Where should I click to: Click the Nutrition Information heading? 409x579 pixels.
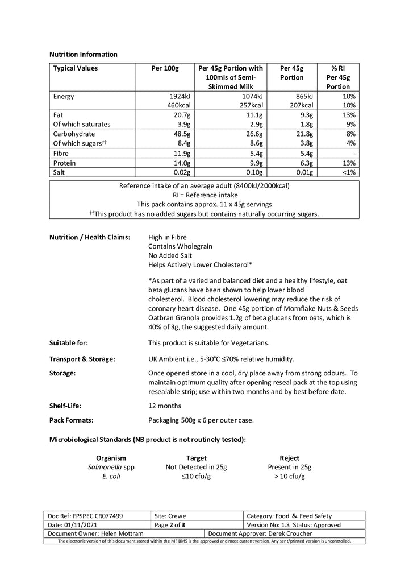click(x=84, y=55)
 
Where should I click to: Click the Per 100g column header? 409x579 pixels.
click(x=165, y=68)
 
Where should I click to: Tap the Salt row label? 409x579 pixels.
click(x=59, y=172)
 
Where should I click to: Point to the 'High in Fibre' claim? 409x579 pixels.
click(x=167, y=237)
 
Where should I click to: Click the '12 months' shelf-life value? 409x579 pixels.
click(x=165, y=406)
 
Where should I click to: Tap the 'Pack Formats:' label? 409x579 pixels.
click(x=72, y=421)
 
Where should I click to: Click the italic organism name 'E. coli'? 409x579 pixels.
click(x=111, y=477)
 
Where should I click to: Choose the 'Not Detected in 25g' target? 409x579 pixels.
click(x=196, y=467)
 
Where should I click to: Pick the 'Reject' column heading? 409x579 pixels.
click(x=290, y=458)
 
